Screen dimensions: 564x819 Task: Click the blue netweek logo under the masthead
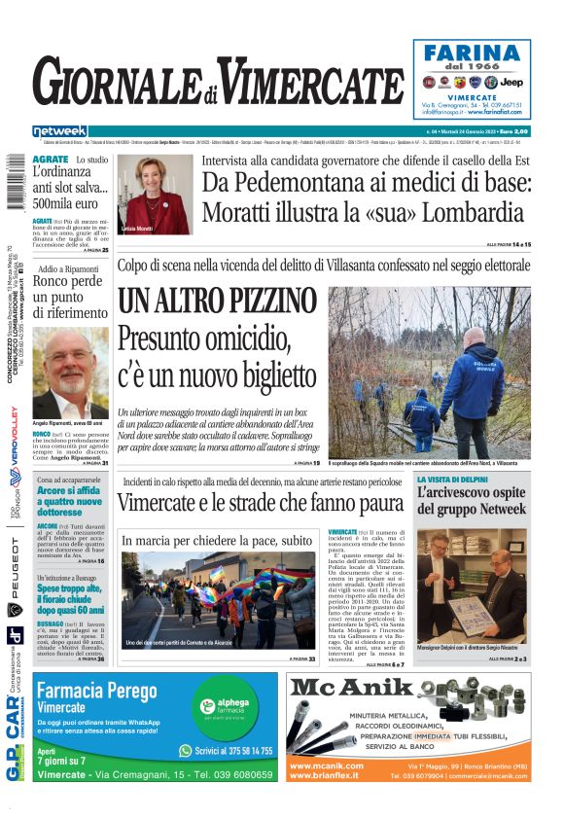pyautogui.click(x=60, y=131)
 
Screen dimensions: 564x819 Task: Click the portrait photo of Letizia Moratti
pyautogui.click(x=157, y=194)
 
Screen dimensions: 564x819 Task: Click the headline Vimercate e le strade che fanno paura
pyautogui.click(x=260, y=503)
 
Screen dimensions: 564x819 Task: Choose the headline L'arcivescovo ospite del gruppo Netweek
pyautogui.click(x=471, y=506)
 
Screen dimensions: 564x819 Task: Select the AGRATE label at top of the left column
pyautogui.click(x=50, y=159)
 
